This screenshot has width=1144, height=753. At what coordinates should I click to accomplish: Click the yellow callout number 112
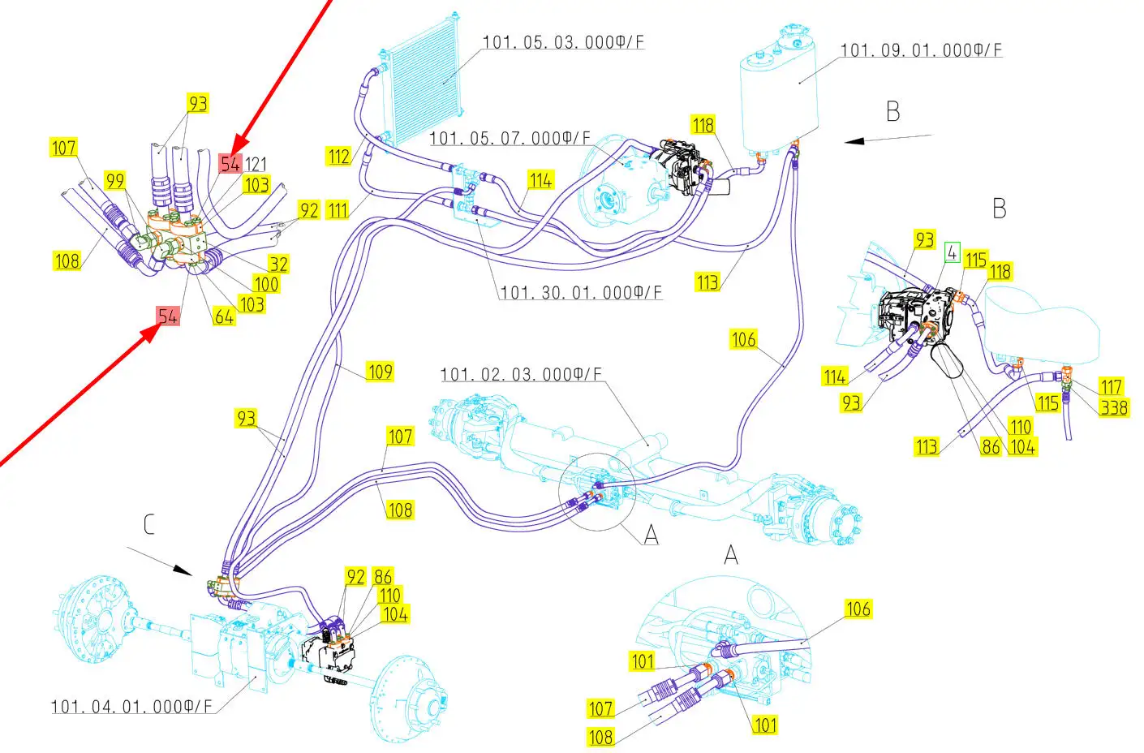[338, 157]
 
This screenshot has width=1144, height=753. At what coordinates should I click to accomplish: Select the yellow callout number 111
[338, 210]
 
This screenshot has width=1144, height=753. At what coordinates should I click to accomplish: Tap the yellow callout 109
[380, 372]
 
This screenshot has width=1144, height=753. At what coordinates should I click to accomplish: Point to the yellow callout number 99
[115, 180]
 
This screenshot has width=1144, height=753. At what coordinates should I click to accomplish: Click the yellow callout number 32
[279, 264]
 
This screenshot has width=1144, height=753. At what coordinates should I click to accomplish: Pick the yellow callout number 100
[266, 284]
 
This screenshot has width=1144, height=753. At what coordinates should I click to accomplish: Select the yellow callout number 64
[224, 316]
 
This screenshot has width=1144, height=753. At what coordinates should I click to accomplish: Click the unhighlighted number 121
[256, 164]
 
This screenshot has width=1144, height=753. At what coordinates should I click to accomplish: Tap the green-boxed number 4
[952, 252]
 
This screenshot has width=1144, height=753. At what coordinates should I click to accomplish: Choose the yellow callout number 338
[1114, 407]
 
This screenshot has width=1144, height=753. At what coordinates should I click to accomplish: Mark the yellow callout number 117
[1112, 387]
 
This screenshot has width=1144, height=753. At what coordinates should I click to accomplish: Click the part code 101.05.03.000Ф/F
[564, 42]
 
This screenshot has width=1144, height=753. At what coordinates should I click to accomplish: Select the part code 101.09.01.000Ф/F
[922, 50]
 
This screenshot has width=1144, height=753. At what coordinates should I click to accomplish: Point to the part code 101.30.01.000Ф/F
[581, 293]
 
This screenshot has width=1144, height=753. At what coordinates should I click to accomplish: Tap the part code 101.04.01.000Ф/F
[131, 707]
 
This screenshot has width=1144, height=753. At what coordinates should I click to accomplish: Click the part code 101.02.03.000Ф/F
[522, 374]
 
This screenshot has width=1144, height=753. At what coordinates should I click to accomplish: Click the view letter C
[149, 525]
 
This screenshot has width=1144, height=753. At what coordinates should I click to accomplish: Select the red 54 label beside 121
[230, 164]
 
